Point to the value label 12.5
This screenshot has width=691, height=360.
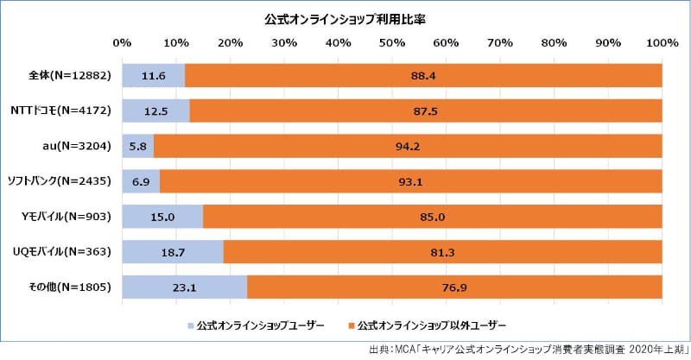(155, 111)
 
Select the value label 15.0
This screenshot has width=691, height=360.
(162, 217)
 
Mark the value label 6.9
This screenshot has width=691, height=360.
(141, 181)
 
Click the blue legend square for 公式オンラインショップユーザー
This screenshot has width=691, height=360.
(189, 325)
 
